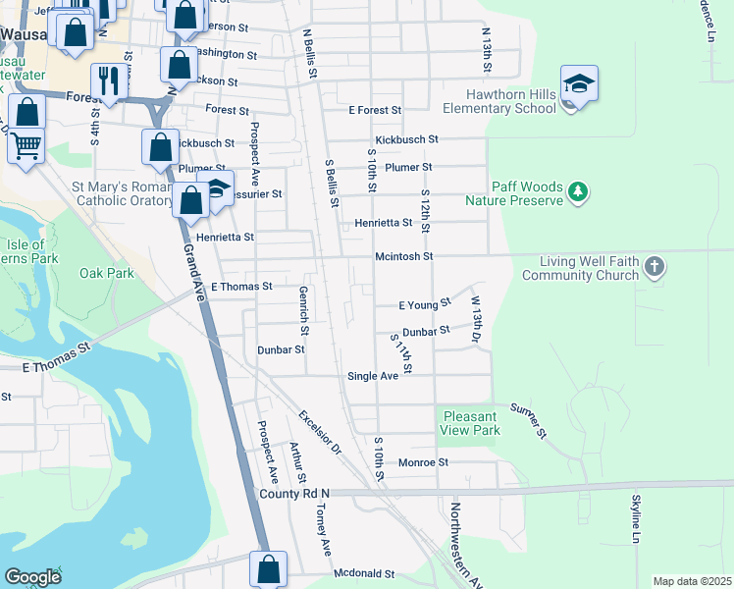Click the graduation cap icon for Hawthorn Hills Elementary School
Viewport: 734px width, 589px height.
point(579,82)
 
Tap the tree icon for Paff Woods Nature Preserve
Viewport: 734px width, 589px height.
point(579,191)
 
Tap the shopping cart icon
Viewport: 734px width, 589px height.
point(26,146)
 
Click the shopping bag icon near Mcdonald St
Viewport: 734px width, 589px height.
point(268,568)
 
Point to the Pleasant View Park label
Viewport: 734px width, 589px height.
point(471,423)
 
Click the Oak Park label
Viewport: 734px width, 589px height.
point(106,273)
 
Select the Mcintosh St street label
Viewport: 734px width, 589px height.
point(403,256)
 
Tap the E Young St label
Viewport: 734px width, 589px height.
point(424,304)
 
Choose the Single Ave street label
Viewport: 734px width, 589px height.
point(373,376)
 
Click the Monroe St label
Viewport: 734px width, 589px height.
point(423,461)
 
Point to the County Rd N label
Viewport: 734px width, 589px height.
point(295,493)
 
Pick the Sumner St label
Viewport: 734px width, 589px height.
point(527,419)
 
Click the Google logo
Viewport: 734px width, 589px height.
point(32,577)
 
